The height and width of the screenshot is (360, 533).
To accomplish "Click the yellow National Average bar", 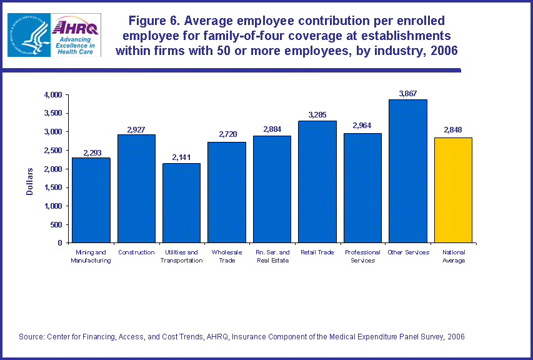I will (x=453, y=190).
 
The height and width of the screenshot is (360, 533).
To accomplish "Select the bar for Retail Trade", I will (x=317, y=181).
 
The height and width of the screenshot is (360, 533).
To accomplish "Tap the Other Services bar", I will (x=408, y=171).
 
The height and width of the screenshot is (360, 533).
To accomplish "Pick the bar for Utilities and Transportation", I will (x=182, y=202).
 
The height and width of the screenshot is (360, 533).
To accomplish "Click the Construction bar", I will (x=136, y=188).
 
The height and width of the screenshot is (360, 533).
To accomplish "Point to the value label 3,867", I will (x=409, y=94).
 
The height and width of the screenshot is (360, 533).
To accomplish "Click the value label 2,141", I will (x=182, y=157).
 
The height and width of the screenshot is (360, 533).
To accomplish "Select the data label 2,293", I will (x=91, y=152).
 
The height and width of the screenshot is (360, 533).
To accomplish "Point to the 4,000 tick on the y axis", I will (x=53, y=95).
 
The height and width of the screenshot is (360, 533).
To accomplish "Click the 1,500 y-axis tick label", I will (x=53, y=187).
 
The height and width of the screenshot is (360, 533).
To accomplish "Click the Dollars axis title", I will (x=30, y=181).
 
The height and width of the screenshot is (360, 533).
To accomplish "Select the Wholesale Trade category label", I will (x=227, y=256).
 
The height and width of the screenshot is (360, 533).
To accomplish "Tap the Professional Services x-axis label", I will (x=362, y=256).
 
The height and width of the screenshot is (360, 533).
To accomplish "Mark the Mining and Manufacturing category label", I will (x=91, y=256).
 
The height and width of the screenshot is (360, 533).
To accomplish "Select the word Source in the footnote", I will (x=31, y=337).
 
